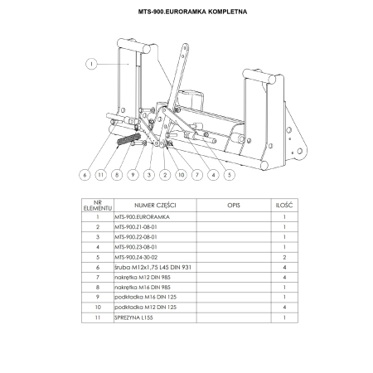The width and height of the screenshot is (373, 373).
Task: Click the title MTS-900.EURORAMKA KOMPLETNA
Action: tap(186, 12)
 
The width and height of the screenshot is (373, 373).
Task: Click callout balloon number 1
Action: tap(91, 62)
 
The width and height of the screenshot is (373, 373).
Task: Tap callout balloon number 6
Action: tap(85, 175)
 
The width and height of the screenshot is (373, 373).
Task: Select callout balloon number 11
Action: tap(99, 175)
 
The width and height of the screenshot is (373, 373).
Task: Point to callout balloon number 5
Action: tap(229, 175)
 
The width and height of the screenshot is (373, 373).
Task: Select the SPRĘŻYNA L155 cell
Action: tap(133, 316)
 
